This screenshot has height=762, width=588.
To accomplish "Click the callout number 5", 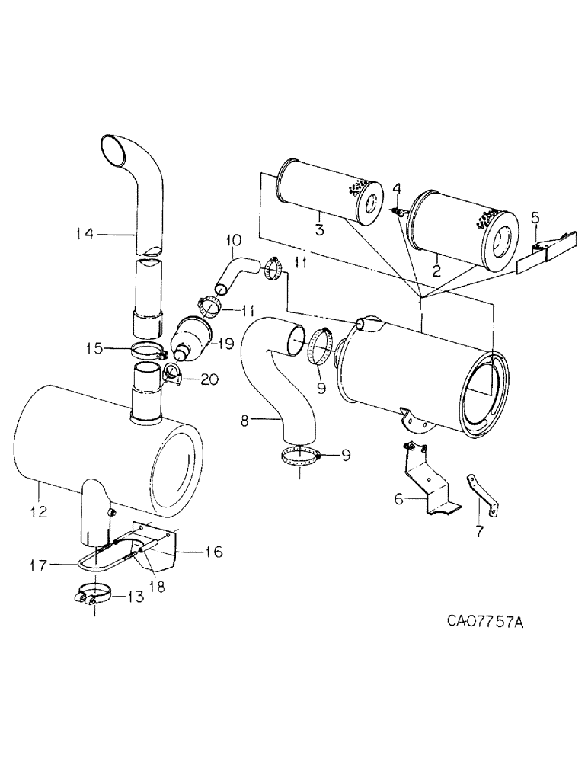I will (x=536, y=219).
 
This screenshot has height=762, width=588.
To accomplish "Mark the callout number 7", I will (x=478, y=532).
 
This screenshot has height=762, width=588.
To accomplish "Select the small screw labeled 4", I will (x=398, y=213).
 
